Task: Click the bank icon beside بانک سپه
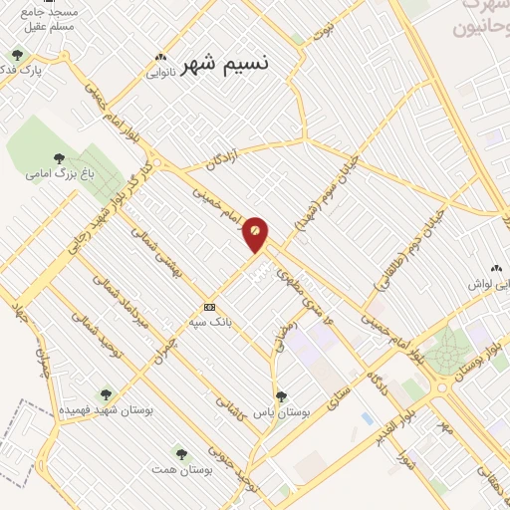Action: click(209, 307)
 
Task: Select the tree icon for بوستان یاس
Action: click(280, 395)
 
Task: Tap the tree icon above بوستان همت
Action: click(179, 453)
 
